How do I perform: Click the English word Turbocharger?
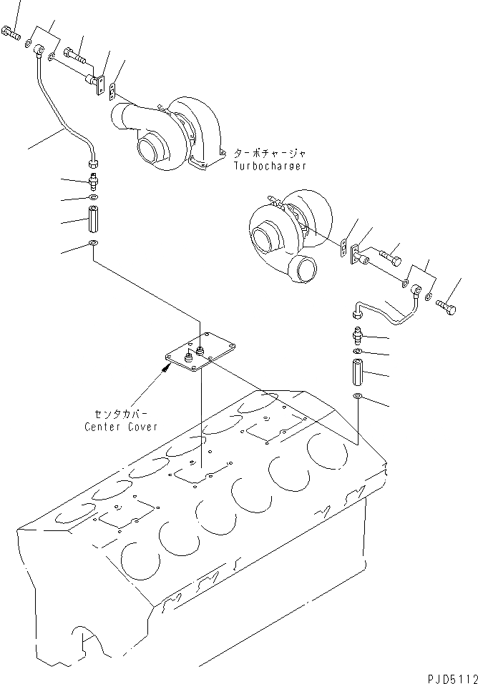coord(270,165)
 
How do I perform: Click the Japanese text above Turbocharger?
coord(270,153)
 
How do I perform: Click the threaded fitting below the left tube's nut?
coord(93,179)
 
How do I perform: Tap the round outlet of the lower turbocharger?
coord(303,269)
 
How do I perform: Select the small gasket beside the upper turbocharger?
coord(114,89)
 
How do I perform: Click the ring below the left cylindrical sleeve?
coord(93,245)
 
